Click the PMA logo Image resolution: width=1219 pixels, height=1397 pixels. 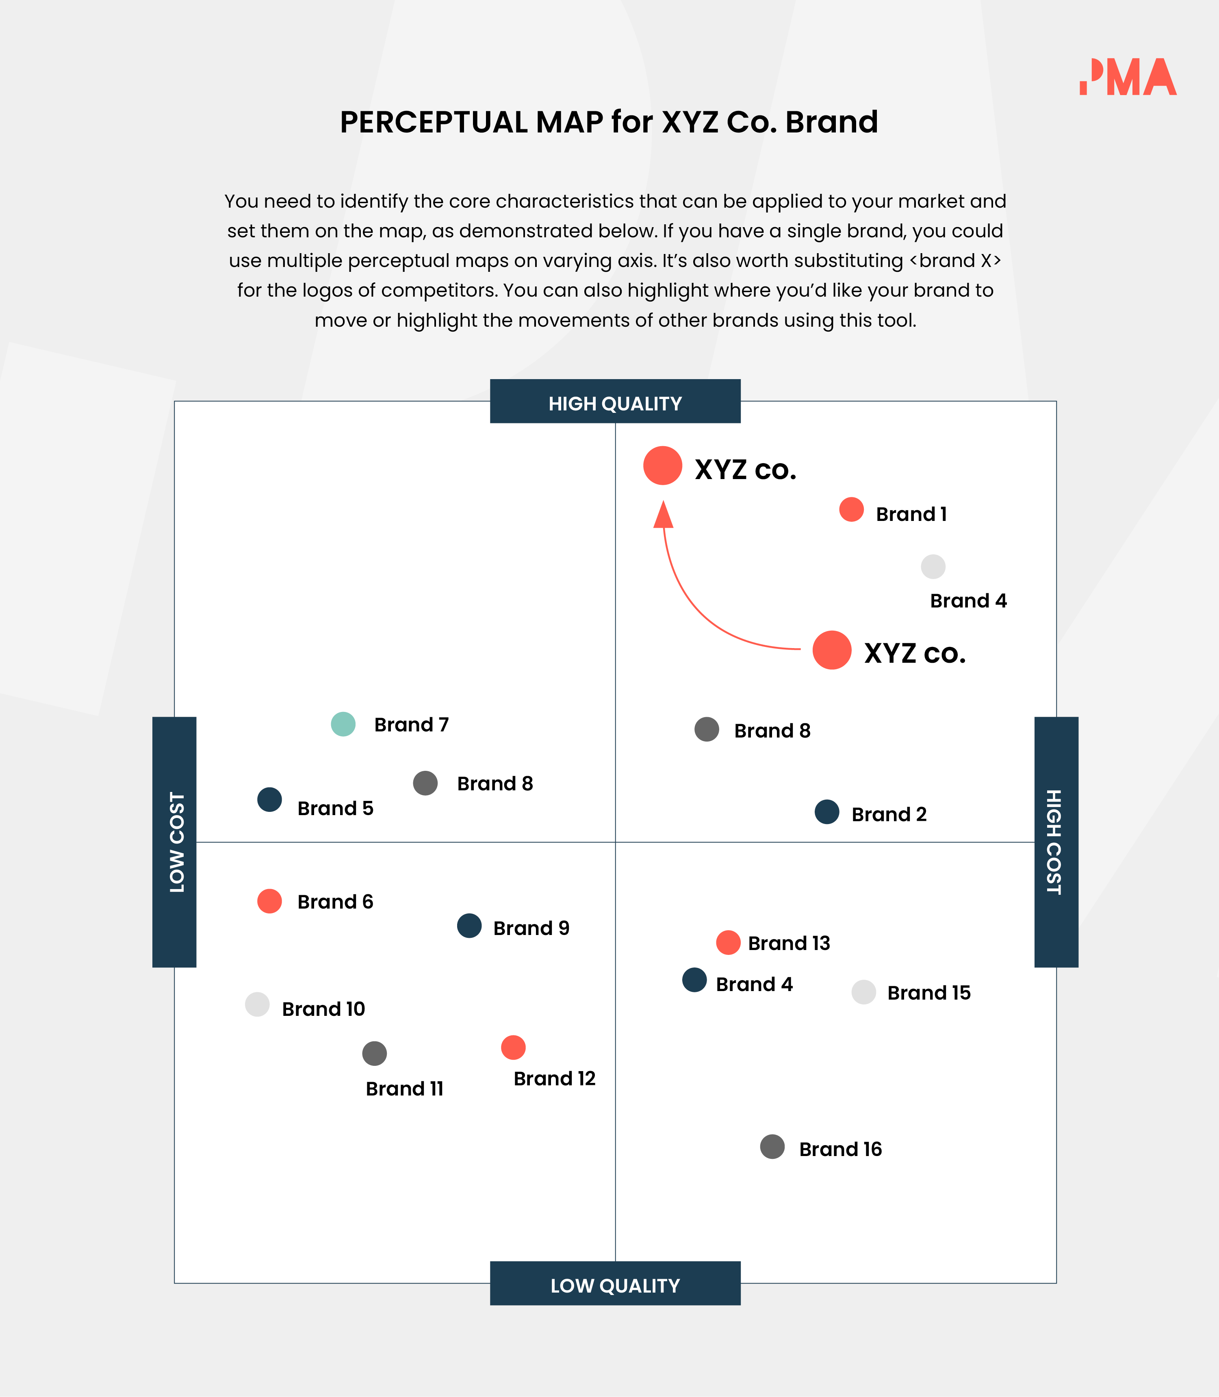(1128, 77)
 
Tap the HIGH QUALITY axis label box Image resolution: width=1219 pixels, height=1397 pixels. (615, 402)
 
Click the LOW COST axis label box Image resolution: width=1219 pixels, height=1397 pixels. (174, 842)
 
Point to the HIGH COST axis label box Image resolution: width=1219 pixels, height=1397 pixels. (1056, 842)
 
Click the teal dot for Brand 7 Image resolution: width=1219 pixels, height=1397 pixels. (343, 724)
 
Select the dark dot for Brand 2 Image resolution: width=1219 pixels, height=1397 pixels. (826, 811)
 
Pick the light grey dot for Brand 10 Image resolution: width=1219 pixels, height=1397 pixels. (257, 1004)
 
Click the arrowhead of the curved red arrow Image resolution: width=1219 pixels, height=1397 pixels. (663, 516)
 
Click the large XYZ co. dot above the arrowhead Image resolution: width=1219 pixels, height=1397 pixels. (663, 466)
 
